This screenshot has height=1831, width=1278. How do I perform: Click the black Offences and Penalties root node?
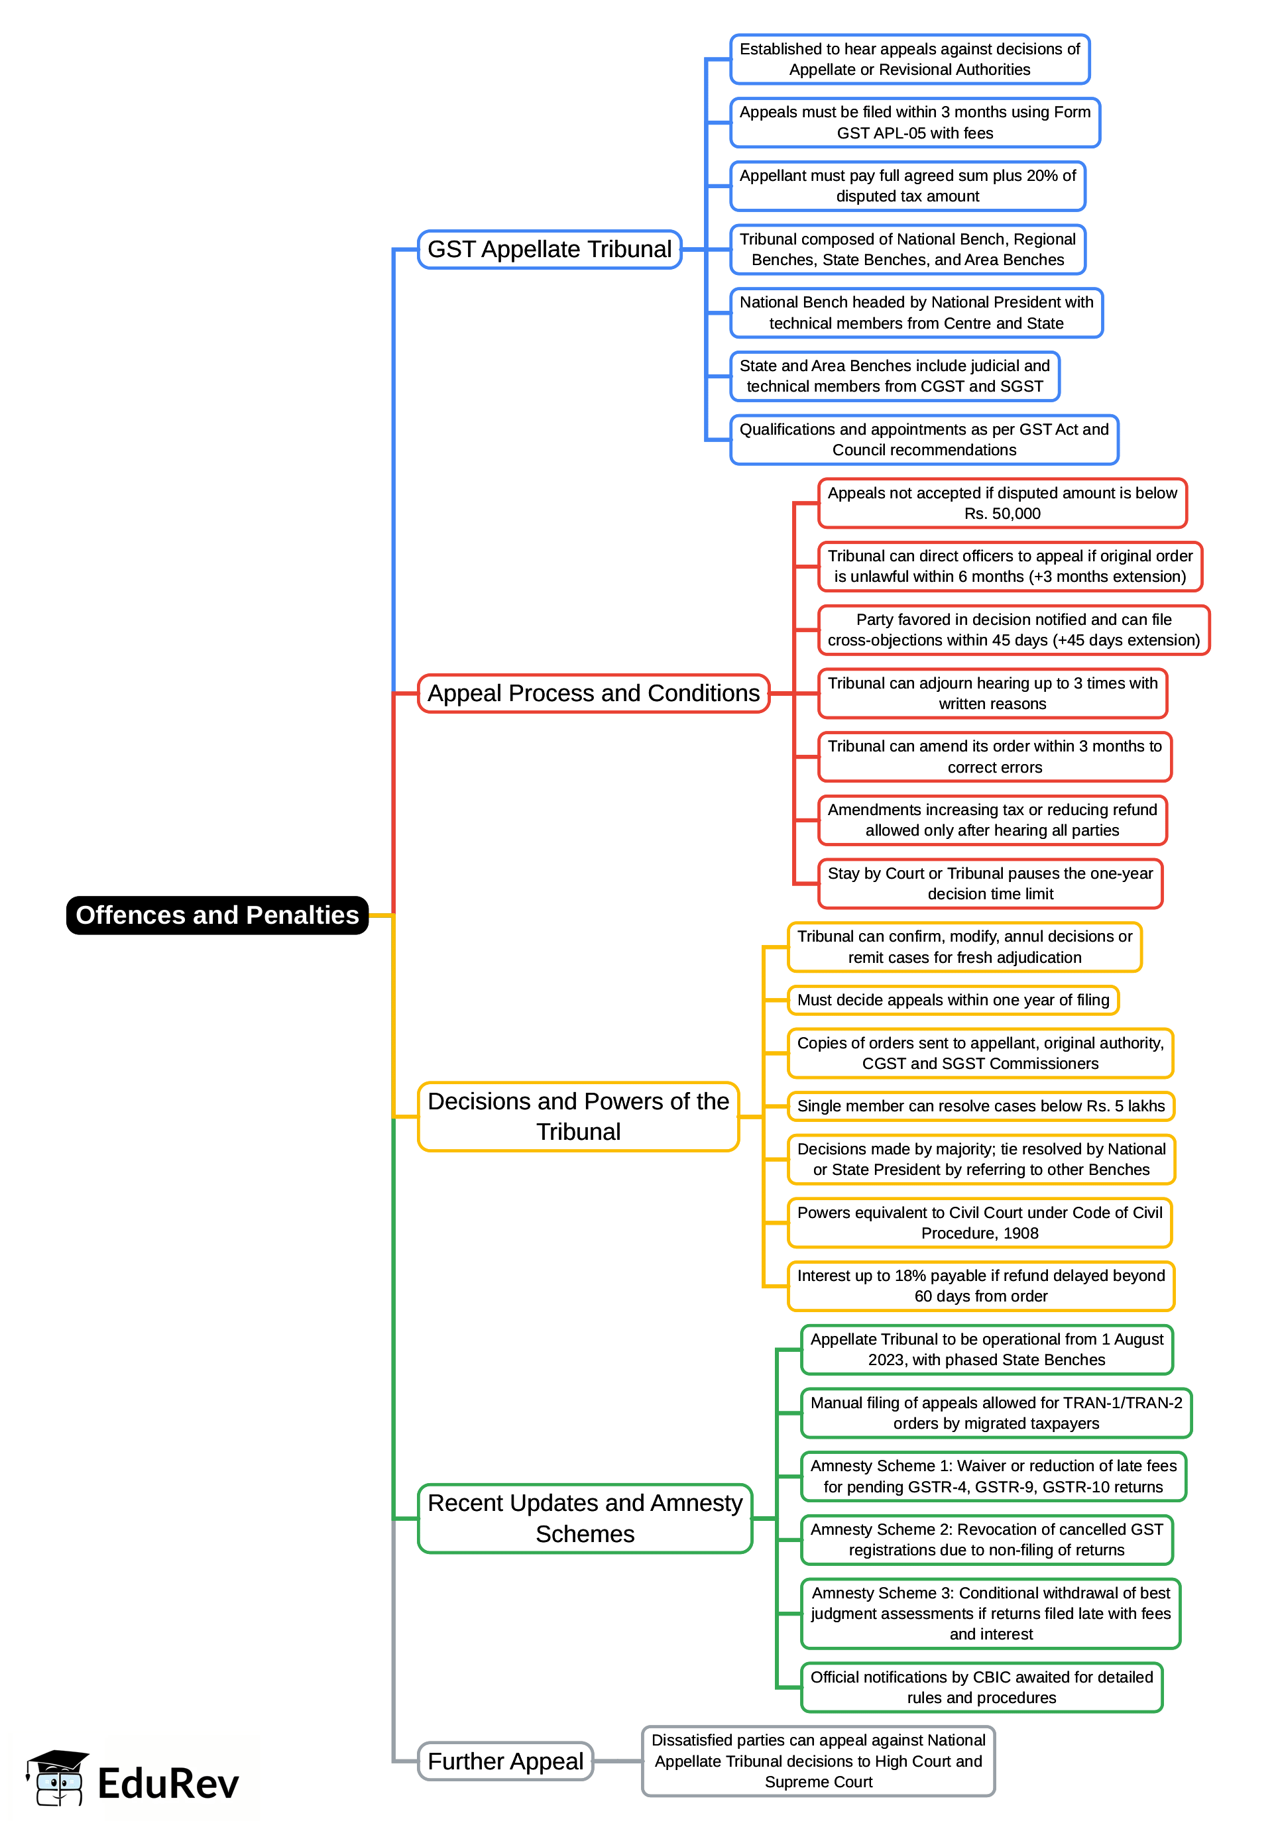(x=217, y=915)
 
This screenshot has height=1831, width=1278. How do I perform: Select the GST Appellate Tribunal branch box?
(x=549, y=250)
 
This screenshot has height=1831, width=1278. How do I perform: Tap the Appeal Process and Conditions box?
(x=593, y=693)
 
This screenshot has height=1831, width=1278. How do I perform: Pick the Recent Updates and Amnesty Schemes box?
(x=584, y=1518)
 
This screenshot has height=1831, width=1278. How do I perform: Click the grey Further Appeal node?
(x=505, y=1761)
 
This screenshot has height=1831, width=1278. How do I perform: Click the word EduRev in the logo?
(x=168, y=1784)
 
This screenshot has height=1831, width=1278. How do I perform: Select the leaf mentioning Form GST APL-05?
(x=914, y=123)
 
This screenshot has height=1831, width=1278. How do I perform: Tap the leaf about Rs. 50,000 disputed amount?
(x=1002, y=503)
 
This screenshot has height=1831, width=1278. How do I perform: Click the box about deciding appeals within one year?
(x=953, y=1000)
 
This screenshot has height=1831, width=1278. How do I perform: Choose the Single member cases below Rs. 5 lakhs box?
(x=980, y=1106)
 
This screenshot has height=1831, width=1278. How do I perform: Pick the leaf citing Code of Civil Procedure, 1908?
(x=979, y=1223)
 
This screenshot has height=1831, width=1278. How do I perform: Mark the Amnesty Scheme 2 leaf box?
(x=986, y=1539)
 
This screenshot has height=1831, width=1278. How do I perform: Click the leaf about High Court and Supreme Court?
(x=818, y=1761)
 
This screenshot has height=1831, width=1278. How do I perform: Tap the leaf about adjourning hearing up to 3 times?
(x=992, y=693)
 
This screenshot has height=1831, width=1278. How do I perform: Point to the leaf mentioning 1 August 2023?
(x=986, y=1349)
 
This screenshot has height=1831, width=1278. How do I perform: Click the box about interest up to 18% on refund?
(x=980, y=1286)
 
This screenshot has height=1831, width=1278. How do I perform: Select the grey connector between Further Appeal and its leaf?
(x=618, y=1761)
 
